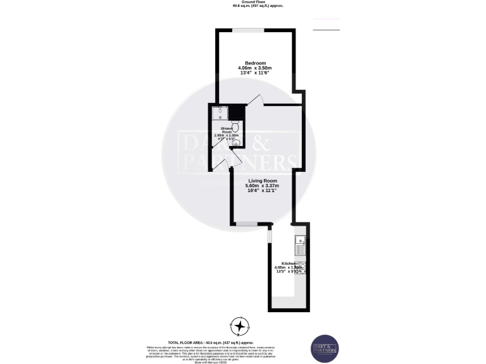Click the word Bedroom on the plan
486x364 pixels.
[255, 63]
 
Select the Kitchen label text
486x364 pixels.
[289, 263]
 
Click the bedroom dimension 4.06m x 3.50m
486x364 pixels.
[255, 68]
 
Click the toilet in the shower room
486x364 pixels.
[235, 126]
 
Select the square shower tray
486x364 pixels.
[220, 112]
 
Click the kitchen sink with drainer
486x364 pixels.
[300, 242]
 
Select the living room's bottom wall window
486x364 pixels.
[247, 224]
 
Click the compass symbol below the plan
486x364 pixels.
[240, 327]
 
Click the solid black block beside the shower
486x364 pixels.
[237, 112]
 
